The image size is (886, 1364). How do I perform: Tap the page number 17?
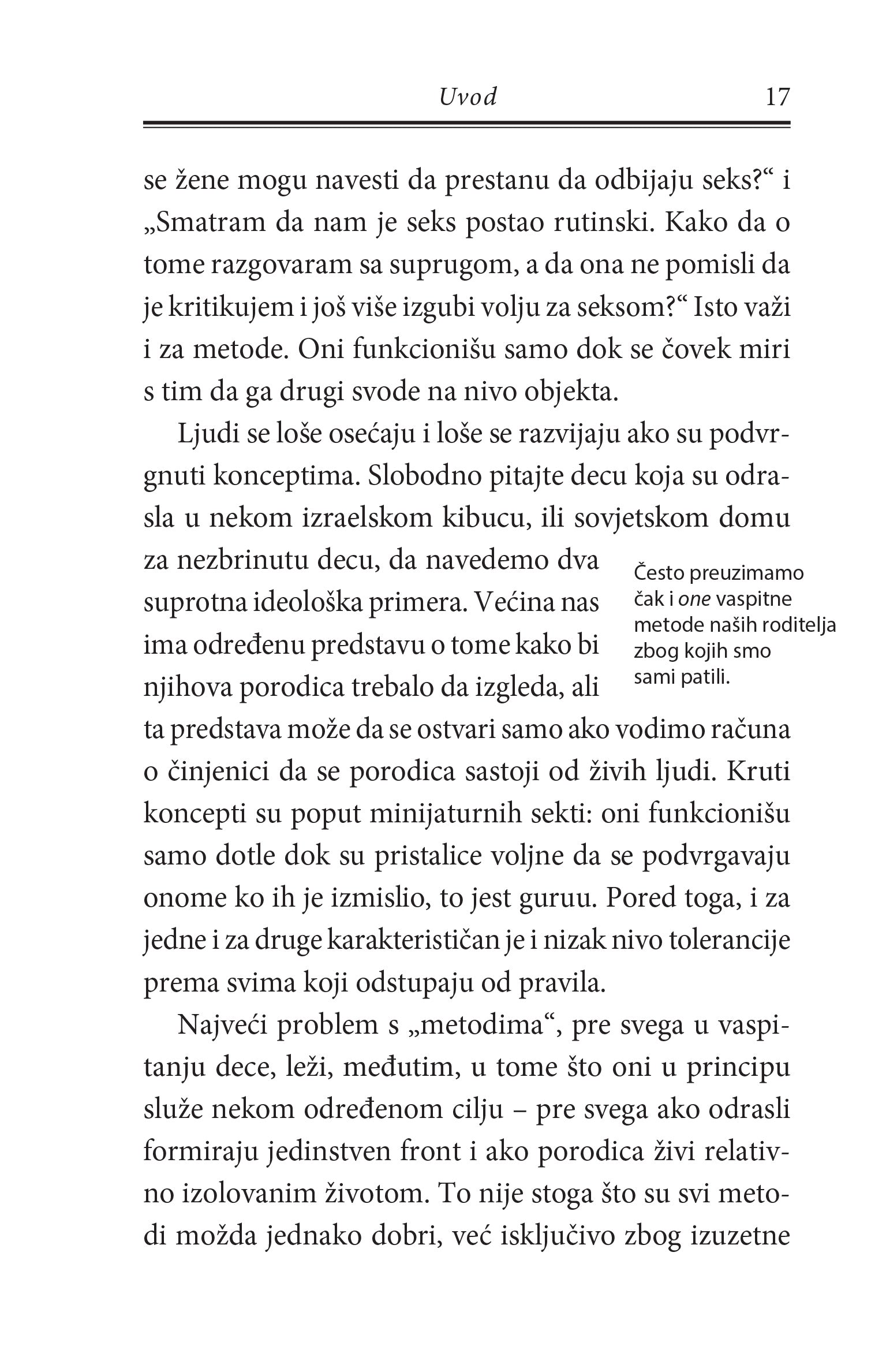point(776,97)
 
